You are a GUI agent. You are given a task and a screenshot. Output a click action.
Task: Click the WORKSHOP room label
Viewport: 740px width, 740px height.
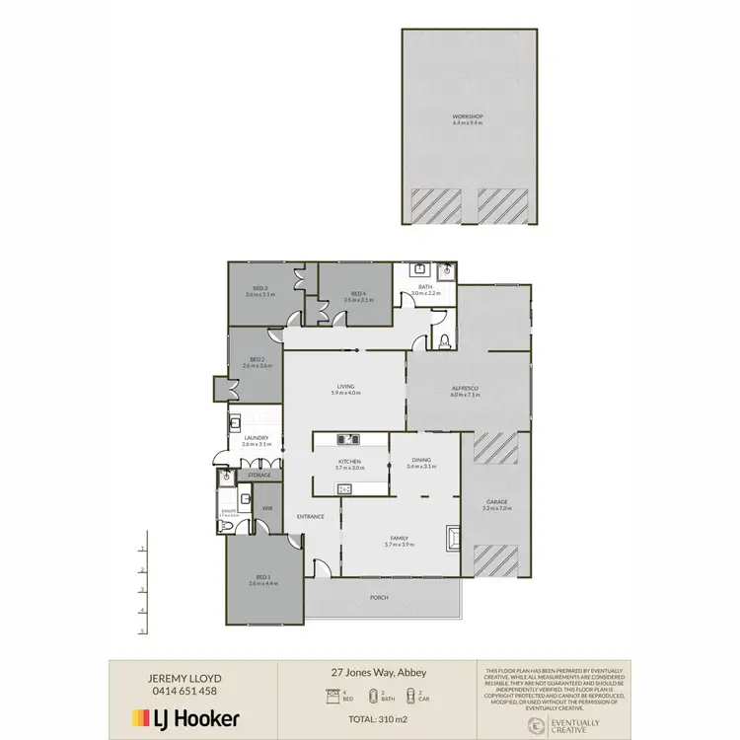468,117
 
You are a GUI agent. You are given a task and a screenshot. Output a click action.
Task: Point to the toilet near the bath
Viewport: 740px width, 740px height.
444,341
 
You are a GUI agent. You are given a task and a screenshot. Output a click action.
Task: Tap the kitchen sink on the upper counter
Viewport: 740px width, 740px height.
348,439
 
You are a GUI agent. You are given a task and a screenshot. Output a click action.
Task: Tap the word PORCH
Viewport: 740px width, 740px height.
379,597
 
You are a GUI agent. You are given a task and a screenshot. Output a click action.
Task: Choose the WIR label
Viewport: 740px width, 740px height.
267,508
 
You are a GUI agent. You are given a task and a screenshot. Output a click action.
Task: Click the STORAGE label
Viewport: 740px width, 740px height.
259,476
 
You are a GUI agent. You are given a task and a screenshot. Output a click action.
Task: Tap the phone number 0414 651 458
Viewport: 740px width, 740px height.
183,691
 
